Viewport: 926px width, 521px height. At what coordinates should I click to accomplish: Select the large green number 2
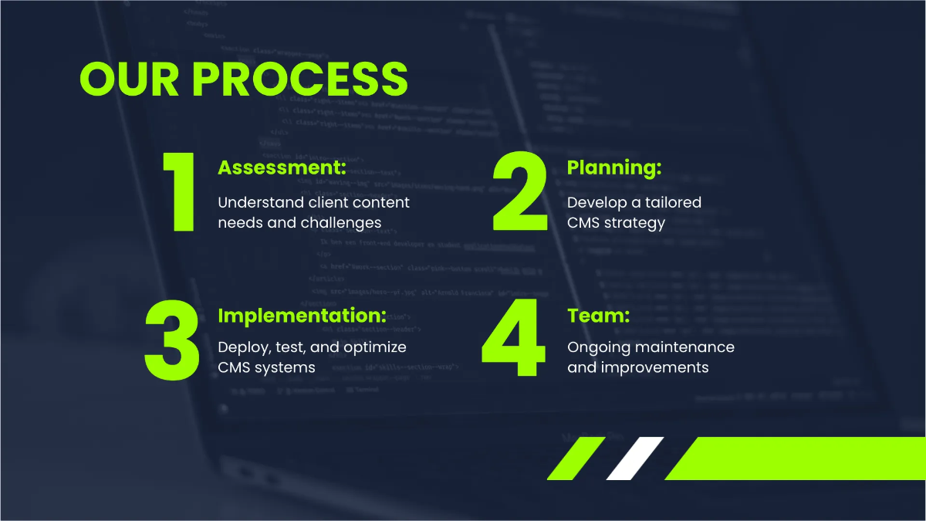point(520,192)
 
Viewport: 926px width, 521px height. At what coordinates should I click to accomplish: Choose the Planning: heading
point(614,167)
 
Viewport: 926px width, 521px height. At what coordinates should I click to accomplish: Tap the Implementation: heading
point(302,316)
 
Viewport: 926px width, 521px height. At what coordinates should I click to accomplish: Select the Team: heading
point(598,316)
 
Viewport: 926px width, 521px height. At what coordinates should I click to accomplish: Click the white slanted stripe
point(635,458)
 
